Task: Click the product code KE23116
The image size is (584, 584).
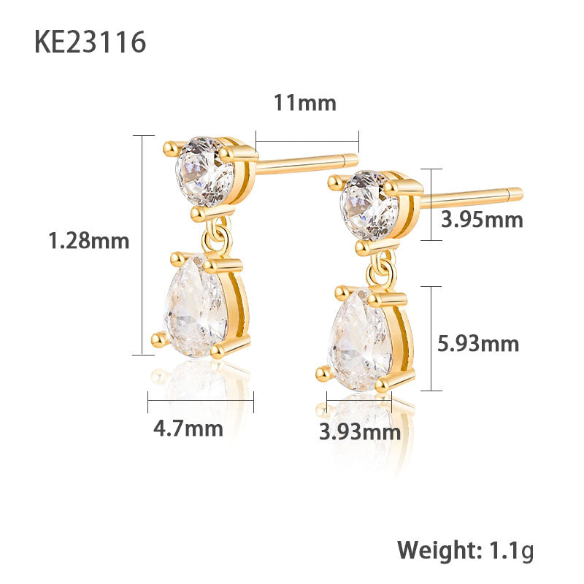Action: tap(90, 42)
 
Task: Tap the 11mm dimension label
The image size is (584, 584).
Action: tap(304, 103)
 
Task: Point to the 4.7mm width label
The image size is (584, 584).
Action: tap(188, 428)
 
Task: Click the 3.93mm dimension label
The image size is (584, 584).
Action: tap(360, 432)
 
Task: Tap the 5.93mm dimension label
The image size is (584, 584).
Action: tap(478, 343)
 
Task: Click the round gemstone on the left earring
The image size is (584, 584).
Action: tap(204, 170)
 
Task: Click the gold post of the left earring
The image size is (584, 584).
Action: tap(307, 162)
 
